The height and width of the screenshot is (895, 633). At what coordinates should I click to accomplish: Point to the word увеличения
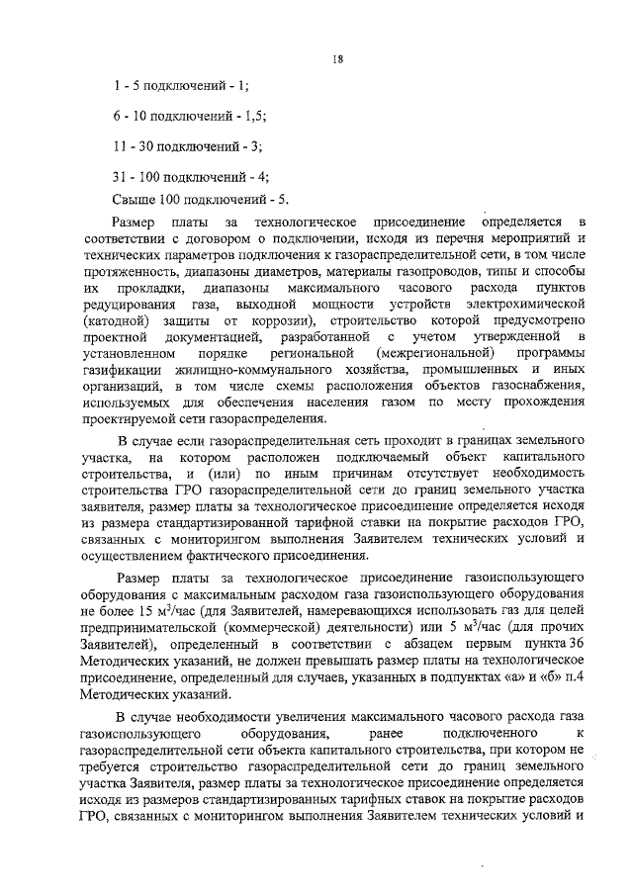316,717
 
